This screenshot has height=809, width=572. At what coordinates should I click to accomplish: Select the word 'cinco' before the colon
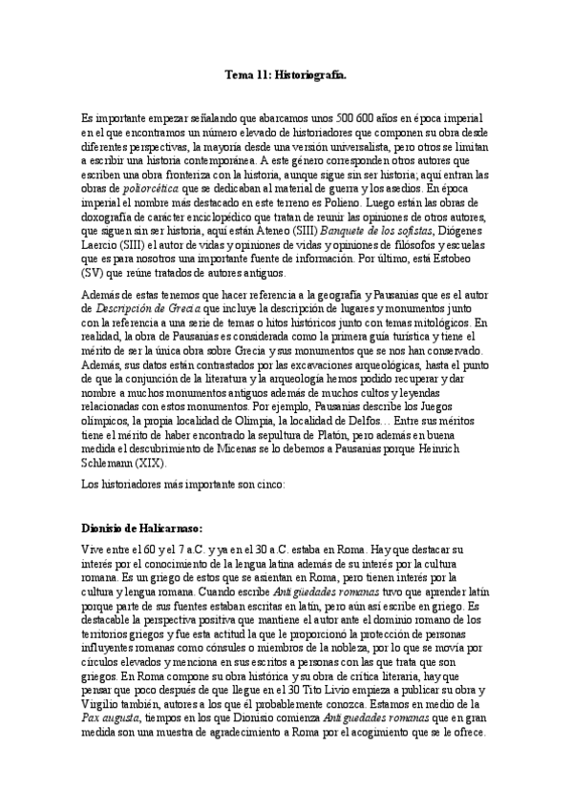(280, 485)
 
